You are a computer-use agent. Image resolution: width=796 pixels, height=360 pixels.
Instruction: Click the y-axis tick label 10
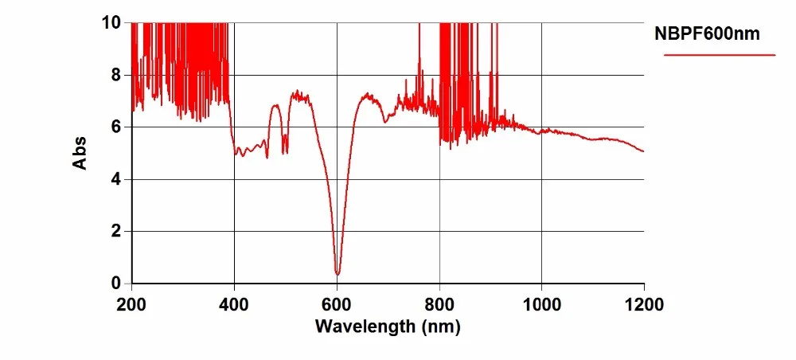[111, 24]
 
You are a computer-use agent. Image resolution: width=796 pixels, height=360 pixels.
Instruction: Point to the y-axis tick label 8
[116, 76]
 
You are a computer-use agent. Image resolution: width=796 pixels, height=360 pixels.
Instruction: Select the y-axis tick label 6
[116, 127]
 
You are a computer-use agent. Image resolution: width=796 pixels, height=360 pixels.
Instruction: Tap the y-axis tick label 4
[116, 179]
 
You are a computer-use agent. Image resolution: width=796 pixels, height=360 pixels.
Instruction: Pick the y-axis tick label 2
[116, 231]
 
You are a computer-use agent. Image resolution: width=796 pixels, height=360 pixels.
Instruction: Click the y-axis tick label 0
[116, 284]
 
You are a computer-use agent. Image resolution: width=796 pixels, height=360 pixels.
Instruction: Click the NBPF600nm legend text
[707, 34]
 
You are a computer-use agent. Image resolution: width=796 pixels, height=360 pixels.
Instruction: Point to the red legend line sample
[719, 55]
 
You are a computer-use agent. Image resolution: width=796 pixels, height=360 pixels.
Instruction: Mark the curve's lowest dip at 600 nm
[338, 274]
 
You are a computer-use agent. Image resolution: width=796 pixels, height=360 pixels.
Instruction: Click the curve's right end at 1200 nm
[643, 151]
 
